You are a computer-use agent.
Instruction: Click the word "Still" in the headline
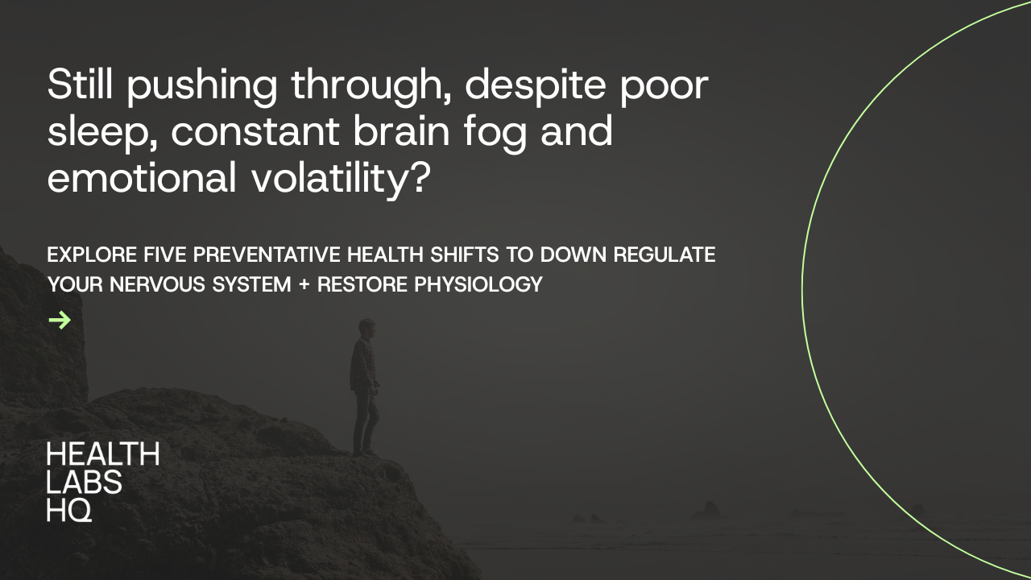pos(80,85)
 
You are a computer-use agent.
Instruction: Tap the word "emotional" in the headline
pos(143,177)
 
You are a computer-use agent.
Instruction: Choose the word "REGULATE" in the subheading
pos(665,255)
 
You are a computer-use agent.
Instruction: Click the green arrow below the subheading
pos(60,321)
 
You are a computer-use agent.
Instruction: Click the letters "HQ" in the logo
pos(69,509)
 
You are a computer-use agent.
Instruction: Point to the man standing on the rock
pos(364,387)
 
